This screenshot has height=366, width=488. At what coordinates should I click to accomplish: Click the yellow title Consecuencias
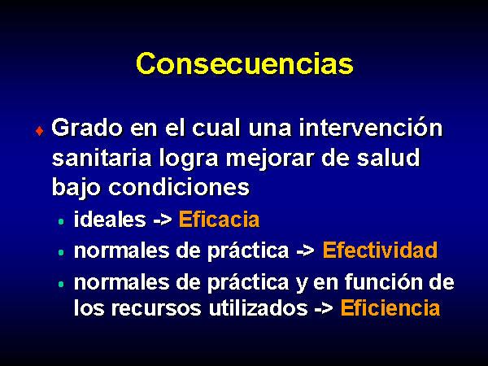click(x=245, y=63)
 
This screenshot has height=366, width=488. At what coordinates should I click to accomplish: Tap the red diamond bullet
click(x=40, y=131)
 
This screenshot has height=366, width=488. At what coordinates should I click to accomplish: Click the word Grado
click(x=87, y=128)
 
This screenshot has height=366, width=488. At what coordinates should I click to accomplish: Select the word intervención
click(x=371, y=128)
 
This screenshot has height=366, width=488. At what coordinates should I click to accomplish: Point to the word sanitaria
click(x=102, y=158)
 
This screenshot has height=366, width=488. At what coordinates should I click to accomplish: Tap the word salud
click(x=389, y=157)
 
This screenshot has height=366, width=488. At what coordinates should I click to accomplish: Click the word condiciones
click(x=179, y=187)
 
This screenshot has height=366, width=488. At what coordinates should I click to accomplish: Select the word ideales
click(x=110, y=220)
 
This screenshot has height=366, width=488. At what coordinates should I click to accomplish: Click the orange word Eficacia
click(x=219, y=220)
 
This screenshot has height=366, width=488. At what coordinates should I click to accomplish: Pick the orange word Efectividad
click(x=380, y=250)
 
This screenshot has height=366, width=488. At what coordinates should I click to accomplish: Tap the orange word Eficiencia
click(x=390, y=308)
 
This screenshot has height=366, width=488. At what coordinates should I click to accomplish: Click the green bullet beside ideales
click(x=61, y=221)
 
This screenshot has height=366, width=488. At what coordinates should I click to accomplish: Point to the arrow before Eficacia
click(x=163, y=220)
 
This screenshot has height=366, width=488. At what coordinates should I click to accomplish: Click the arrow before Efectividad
click(x=305, y=251)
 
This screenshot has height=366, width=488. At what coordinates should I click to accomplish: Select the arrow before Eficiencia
click(x=324, y=309)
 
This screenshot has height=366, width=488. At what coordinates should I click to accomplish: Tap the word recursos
click(x=156, y=309)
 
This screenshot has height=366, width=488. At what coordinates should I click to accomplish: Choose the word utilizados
click(x=258, y=308)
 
